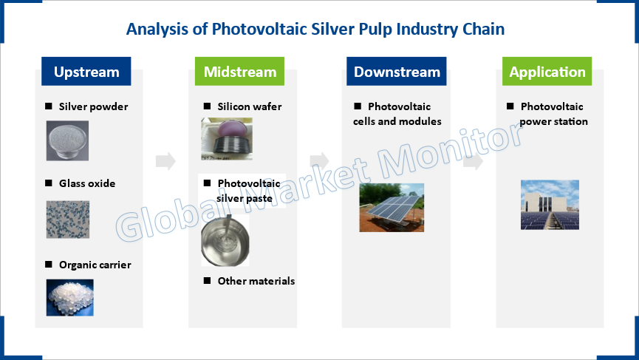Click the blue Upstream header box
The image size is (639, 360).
[86, 72]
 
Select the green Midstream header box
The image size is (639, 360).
[239, 72]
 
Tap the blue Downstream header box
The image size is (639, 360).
[397, 72]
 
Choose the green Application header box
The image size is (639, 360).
[547, 72]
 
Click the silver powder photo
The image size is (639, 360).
[67, 140]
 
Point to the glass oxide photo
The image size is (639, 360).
[68, 220]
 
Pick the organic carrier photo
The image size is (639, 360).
[69, 298]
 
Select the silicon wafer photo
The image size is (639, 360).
[227, 139]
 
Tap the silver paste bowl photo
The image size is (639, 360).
[225, 240]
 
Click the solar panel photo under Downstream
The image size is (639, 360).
[392, 208]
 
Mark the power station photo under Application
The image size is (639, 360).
[550, 205]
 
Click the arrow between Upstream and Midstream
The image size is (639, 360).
[165, 161]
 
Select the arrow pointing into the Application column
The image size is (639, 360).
[473, 161]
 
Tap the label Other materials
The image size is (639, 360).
[256, 281]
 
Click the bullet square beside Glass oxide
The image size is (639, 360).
[49, 183]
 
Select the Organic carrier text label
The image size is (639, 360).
[95, 265]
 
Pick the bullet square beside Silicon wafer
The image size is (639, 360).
[207, 106]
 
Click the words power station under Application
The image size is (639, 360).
[553, 121]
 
